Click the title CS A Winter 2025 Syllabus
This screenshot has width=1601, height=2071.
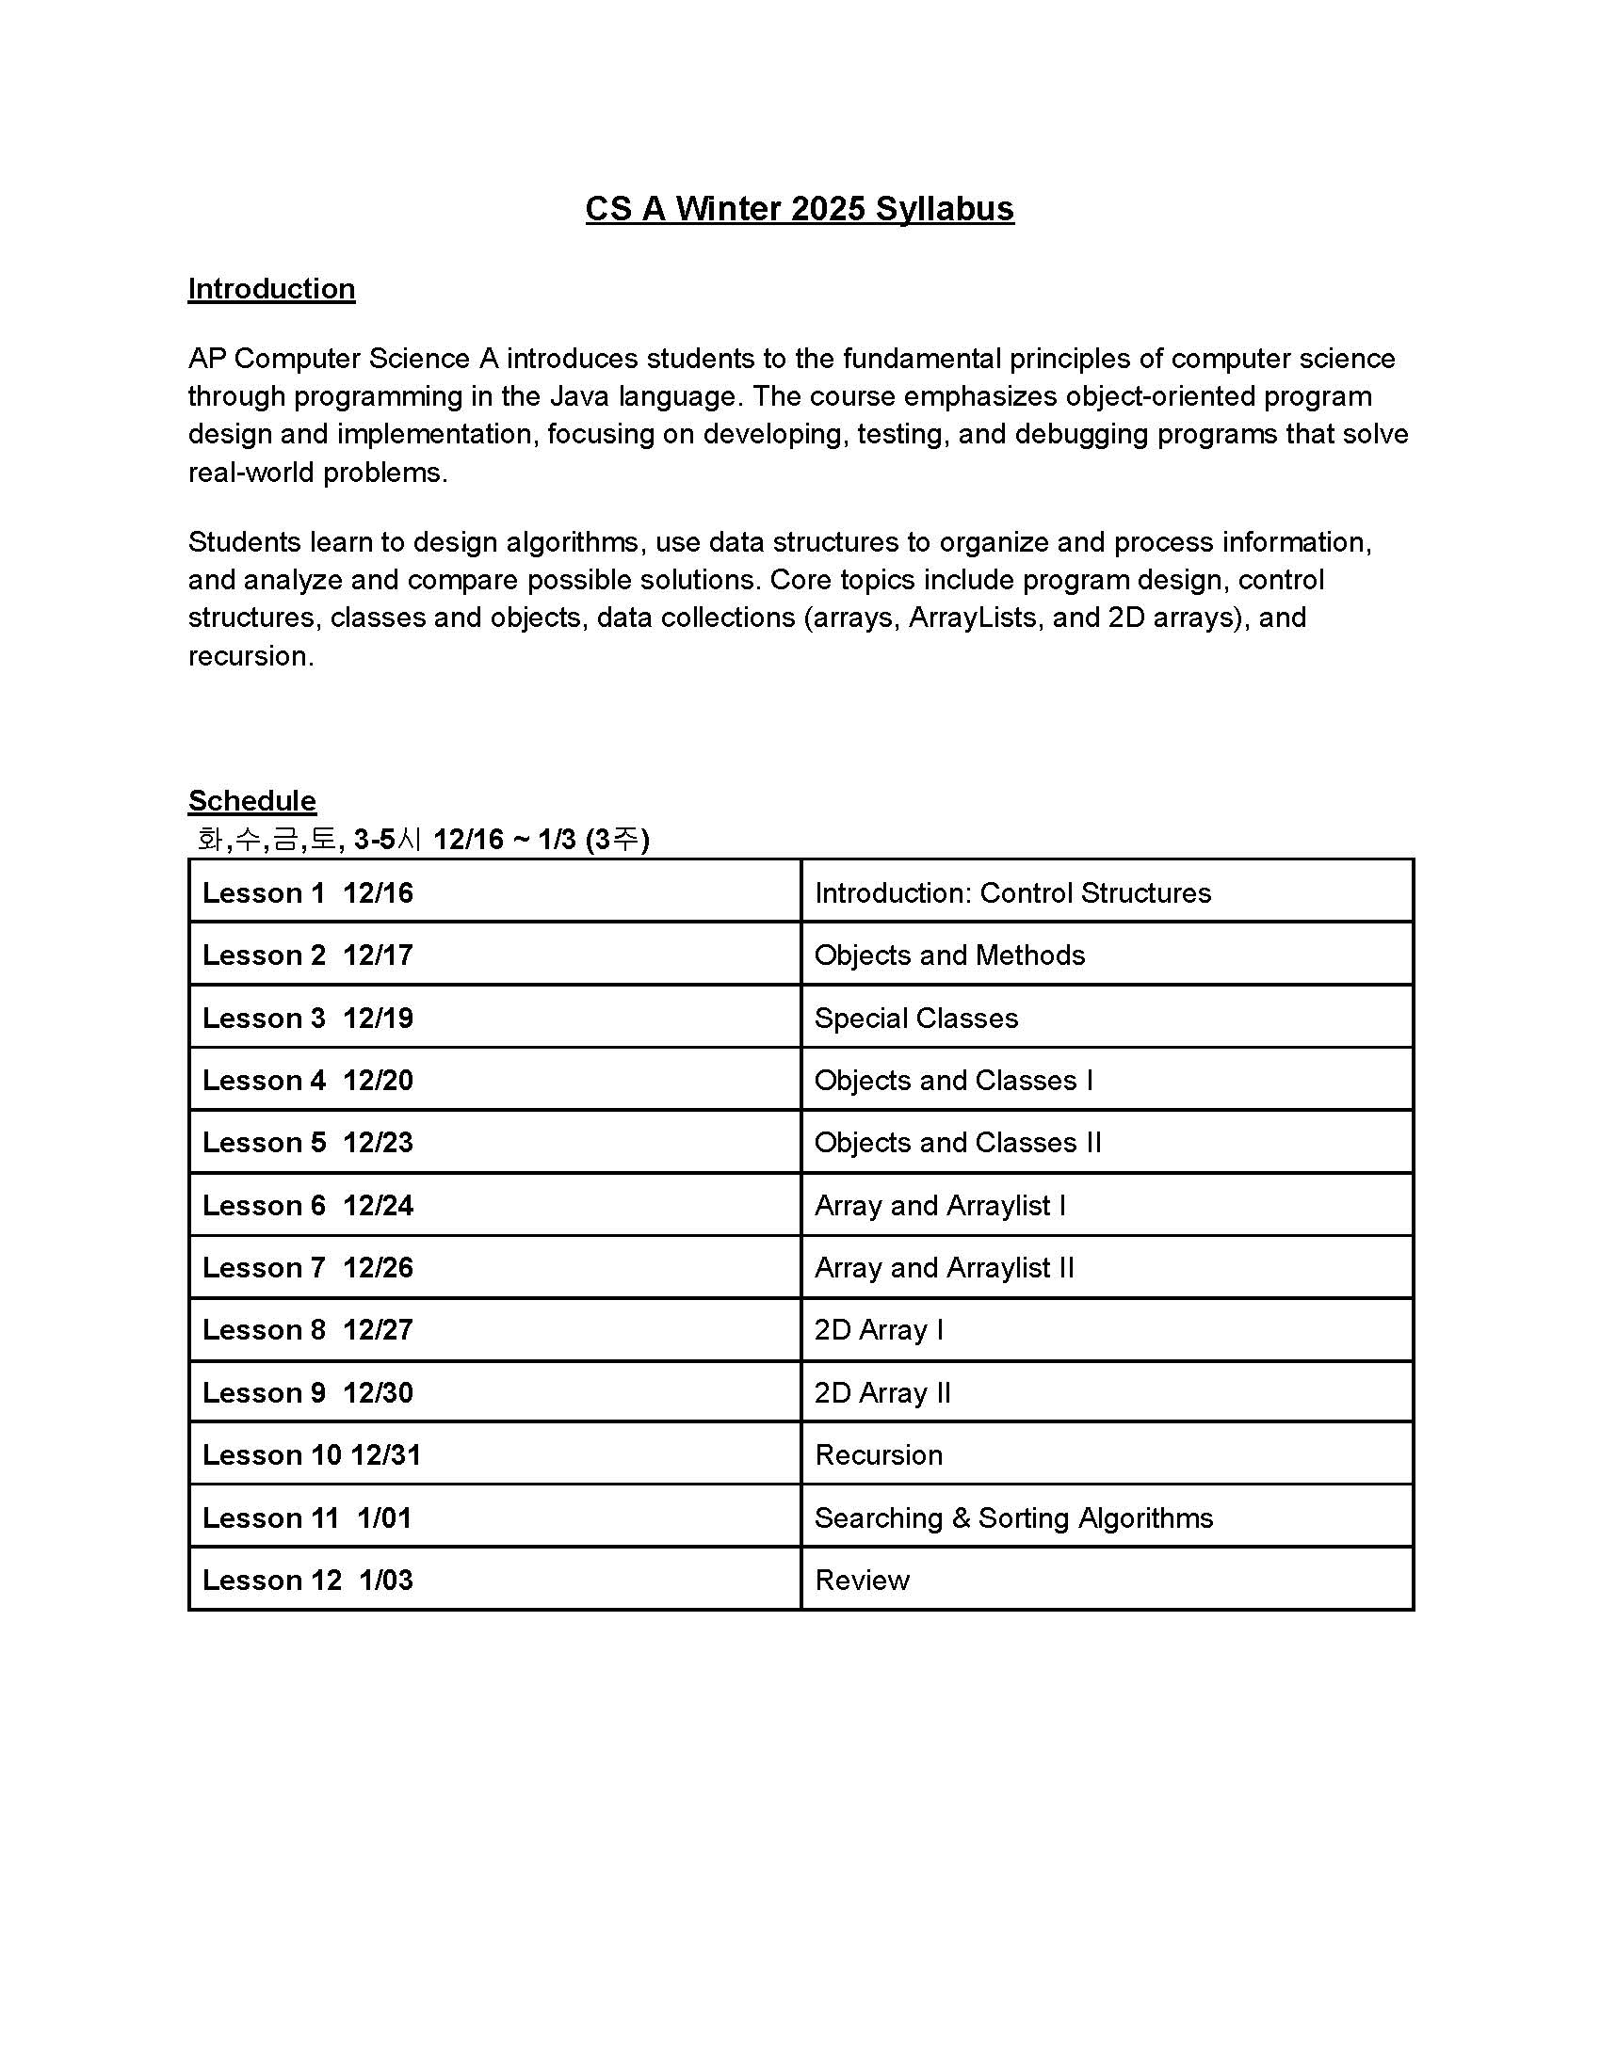[799, 209]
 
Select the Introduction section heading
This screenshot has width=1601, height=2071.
[271, 288]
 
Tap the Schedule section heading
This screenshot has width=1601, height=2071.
[251, 800]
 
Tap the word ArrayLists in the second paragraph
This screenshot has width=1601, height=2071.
[972, 618]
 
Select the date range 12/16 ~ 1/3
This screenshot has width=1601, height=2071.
[505, 839]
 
